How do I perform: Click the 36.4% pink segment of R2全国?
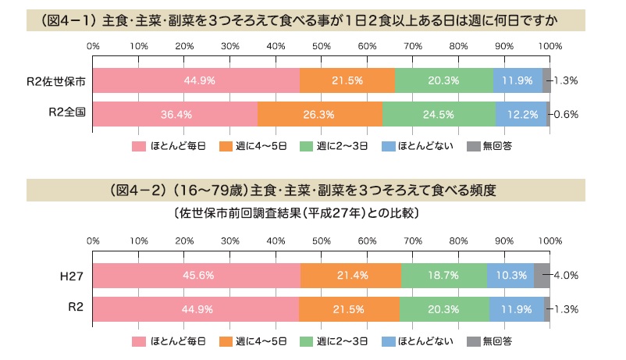(x=176, y=114)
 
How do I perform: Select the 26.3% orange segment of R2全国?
(x=320, y=114)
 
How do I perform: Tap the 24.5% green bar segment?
(x=439, y=114)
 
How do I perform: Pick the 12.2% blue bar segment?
(x=521, y=114)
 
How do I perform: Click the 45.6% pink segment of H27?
(x=197, y=276)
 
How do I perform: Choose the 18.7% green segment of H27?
(x=444, y=276)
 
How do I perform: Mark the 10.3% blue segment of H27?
(x=510, y=276)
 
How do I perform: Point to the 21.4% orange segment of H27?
(x=350, y=276)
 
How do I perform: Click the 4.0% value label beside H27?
(x=565, y=276)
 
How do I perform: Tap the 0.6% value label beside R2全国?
(x=565, y=114)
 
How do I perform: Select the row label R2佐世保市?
(x=56, y=80)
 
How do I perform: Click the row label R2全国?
(x=66, y=113)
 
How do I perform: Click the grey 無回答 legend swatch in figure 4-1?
(x=473, y=146)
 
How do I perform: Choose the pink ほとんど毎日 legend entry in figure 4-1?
(x=169, y=146)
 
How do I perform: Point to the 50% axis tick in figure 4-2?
(x=322, y=240)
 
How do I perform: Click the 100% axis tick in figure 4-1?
(x=550, y=45)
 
